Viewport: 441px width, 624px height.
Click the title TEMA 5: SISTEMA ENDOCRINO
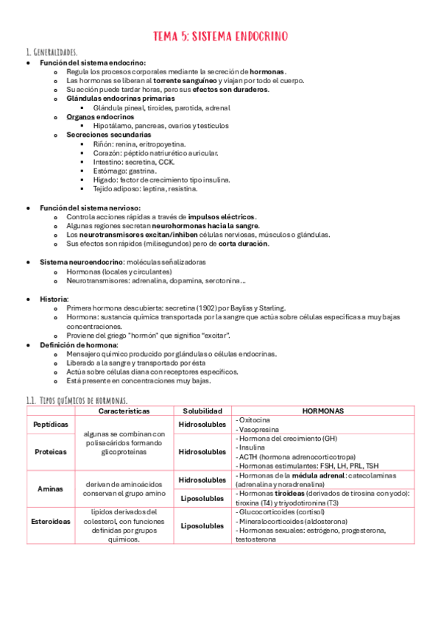point(220,36)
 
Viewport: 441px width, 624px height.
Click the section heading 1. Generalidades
point(52,53)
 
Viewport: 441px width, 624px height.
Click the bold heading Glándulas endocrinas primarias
point(121,98)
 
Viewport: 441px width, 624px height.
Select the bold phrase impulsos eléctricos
point(222,217)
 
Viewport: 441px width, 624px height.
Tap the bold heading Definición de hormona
point(78,344)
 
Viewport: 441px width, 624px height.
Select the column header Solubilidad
point(202,411)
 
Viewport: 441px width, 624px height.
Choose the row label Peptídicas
point(51,425)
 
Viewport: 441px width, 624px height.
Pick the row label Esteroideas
point(51,526)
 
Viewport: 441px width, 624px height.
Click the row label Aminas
point(51,488)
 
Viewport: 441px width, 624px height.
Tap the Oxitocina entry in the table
point(255,419)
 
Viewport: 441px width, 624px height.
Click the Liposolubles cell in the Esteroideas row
point(202,526)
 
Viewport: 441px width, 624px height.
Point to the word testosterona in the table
point(257,539)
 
